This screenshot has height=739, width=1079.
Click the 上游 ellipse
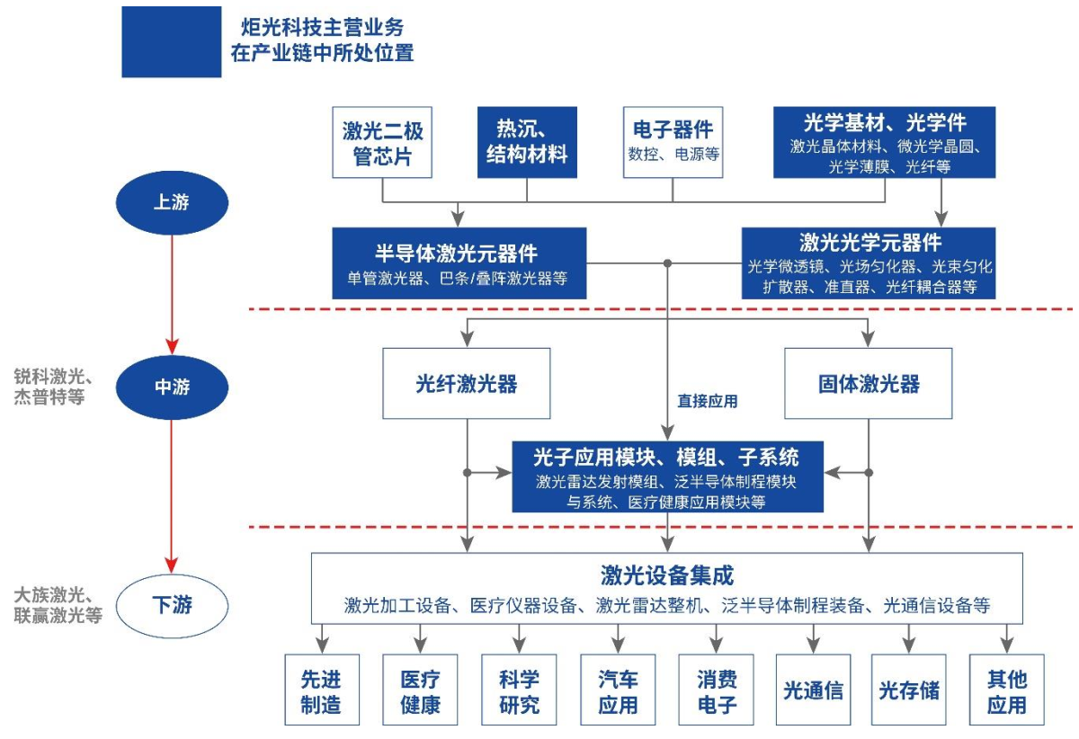coord(170,203)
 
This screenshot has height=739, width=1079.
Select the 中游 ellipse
coord(171,387)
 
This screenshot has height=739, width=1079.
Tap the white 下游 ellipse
coord(171,604)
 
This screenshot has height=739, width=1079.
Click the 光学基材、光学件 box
coord(885,142)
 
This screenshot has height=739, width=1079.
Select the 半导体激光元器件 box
coord(459,263)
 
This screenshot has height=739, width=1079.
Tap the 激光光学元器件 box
coord(869,263)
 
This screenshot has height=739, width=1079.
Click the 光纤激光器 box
coord(466,385)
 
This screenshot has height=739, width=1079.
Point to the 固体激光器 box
coord(869,385)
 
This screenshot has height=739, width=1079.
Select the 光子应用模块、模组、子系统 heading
coord(667,457)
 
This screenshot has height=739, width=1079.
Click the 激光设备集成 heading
coord(667,574)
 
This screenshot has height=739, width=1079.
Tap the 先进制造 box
coord(321,691)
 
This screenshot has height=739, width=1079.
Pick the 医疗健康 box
coord(420,691)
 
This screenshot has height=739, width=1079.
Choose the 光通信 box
coord(814,690)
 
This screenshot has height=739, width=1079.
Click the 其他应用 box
coord(1006,691)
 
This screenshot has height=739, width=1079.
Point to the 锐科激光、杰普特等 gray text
coord(49,386)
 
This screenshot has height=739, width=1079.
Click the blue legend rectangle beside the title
coord(172,41)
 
